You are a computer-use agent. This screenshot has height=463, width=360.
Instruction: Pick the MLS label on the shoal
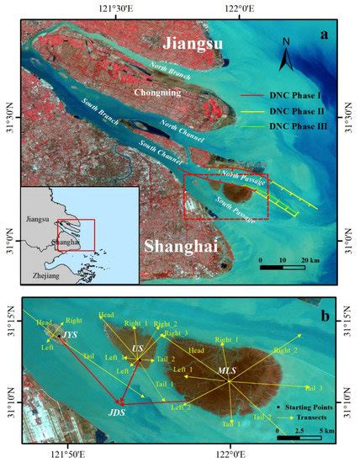click(228, 370)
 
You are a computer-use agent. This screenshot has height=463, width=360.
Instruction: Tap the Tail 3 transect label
click(313, 387)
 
